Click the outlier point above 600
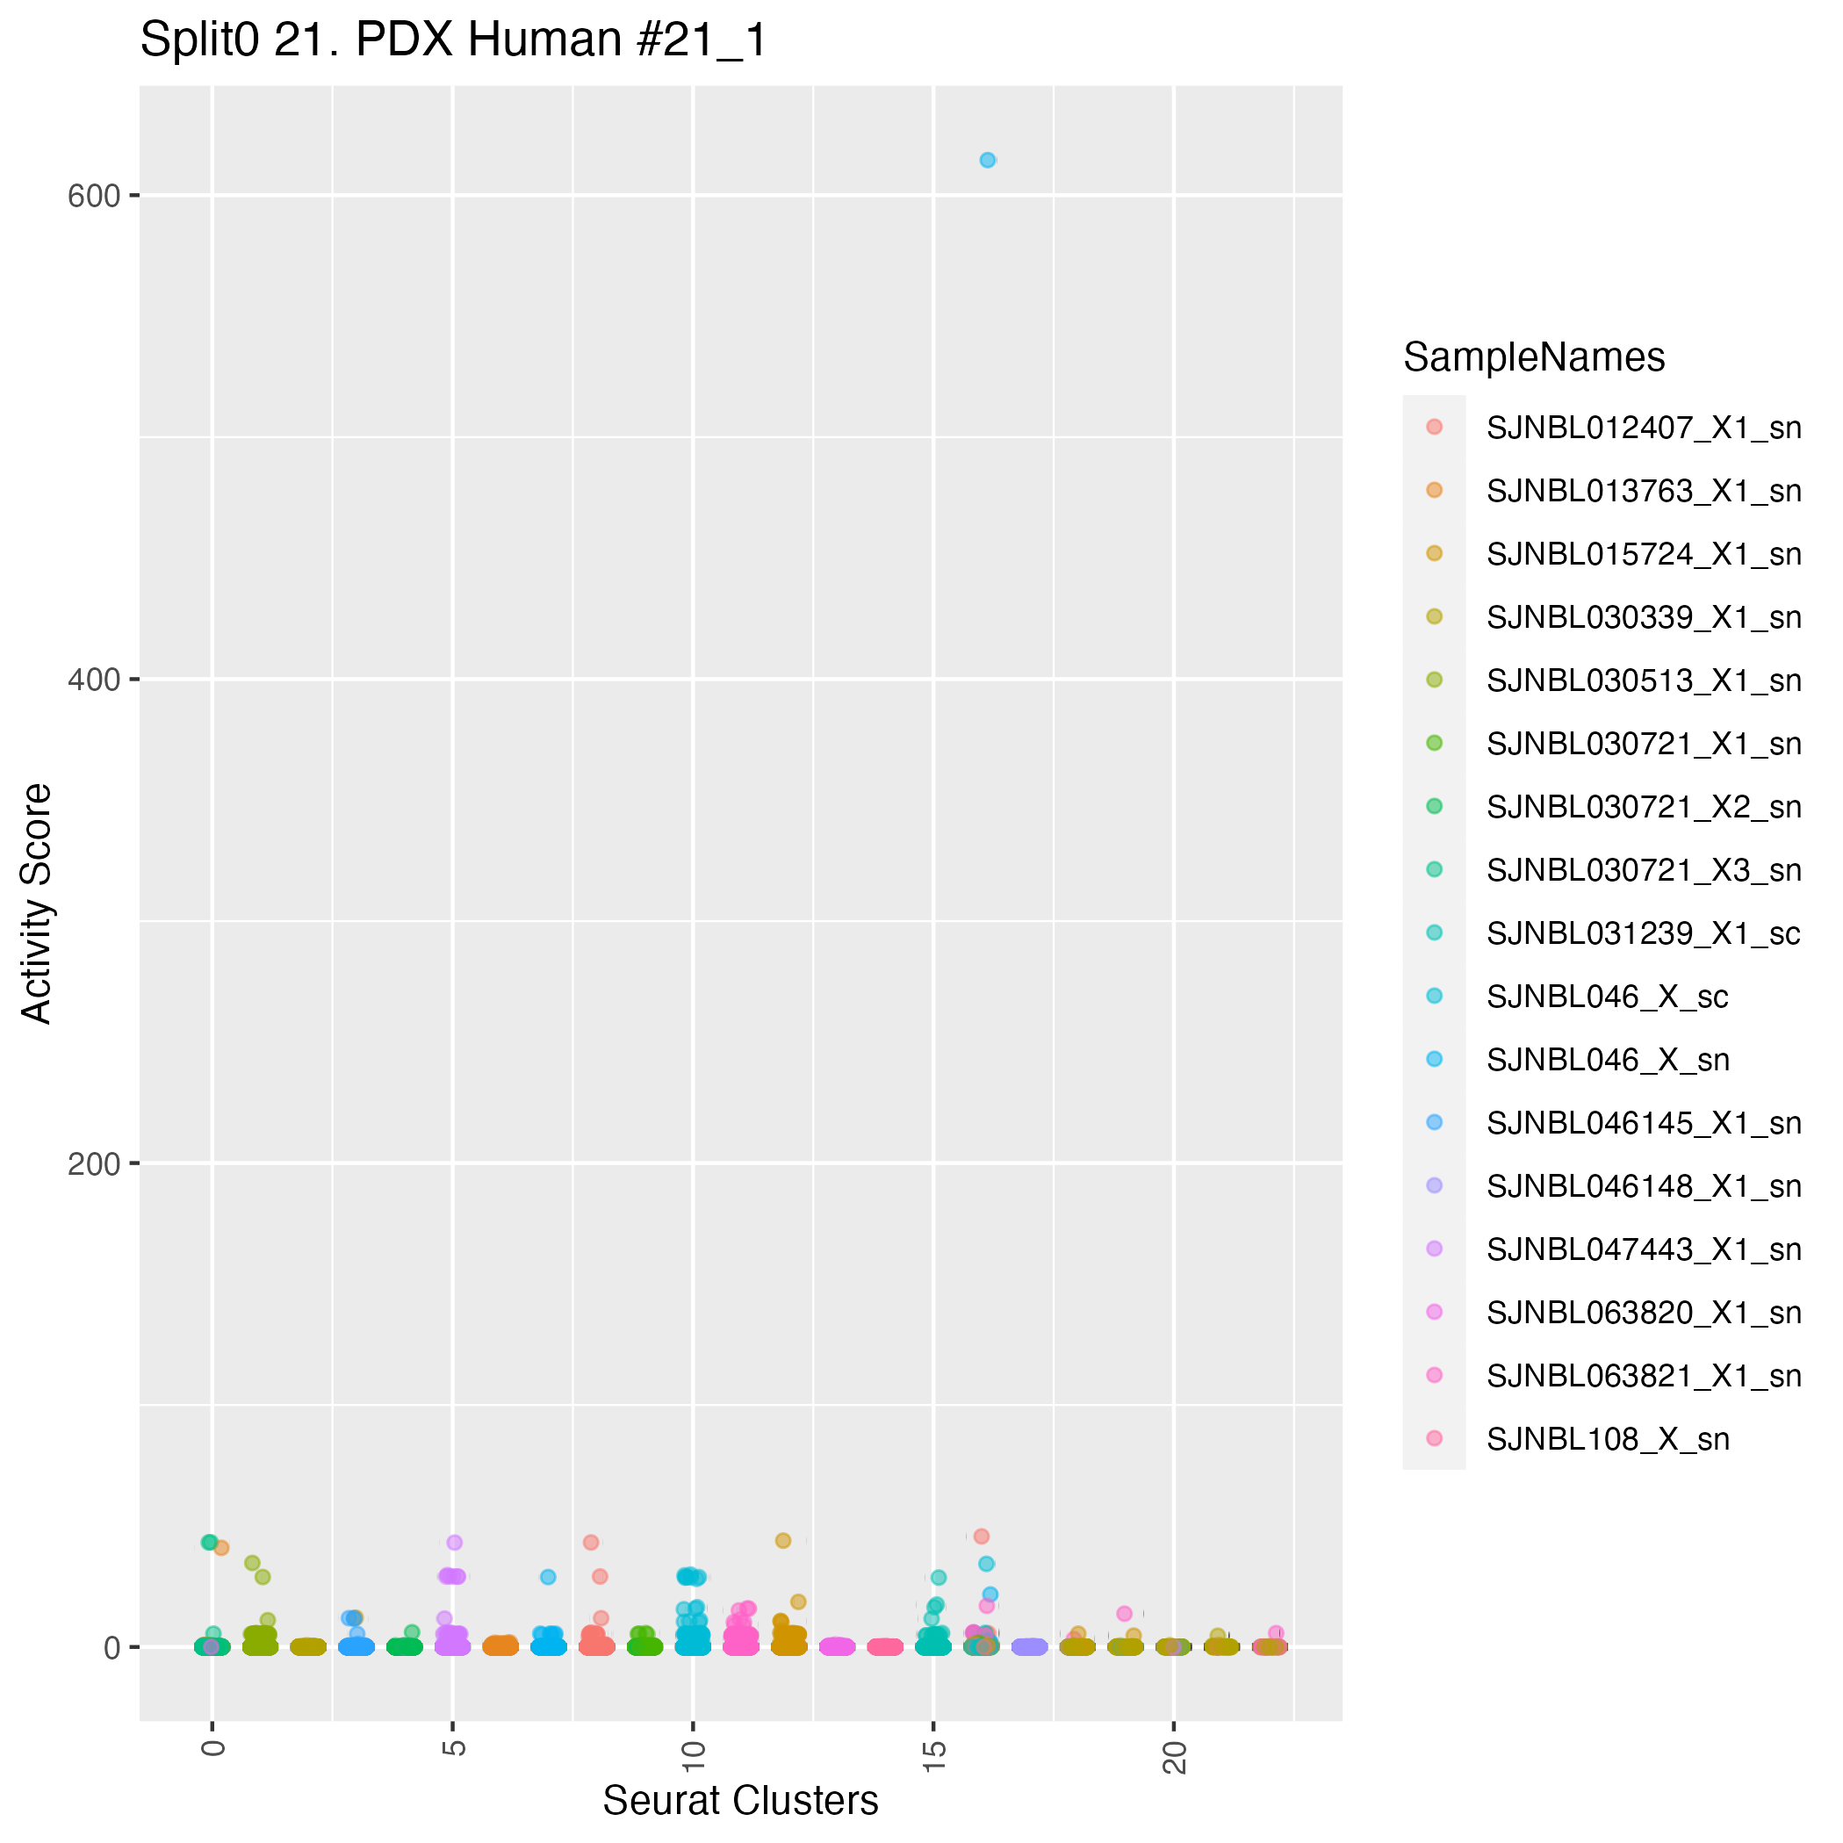[x=987, y=161]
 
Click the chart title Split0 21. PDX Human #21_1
[x=453, y=41]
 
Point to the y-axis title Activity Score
[x=37, y=903]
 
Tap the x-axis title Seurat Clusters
[x=740, y=1800]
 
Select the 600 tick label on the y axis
[x=93, y=197]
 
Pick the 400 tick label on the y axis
[x=93, y=680]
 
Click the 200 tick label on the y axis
[x=93, y=1163]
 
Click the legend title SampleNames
[x=1534, y=357]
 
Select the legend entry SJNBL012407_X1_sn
[x=1643, y=428]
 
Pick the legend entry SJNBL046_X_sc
[x=1607, y=997]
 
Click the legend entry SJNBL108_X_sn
[x=1608, y=1439]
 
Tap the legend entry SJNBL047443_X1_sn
[x=1643, y=1249]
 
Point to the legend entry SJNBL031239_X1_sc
[x=1643, y=934]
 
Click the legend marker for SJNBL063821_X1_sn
[x=1434, y=1376]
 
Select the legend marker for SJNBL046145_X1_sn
[x=1434, y=1123]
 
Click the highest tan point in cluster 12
[x=783, y=1541]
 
